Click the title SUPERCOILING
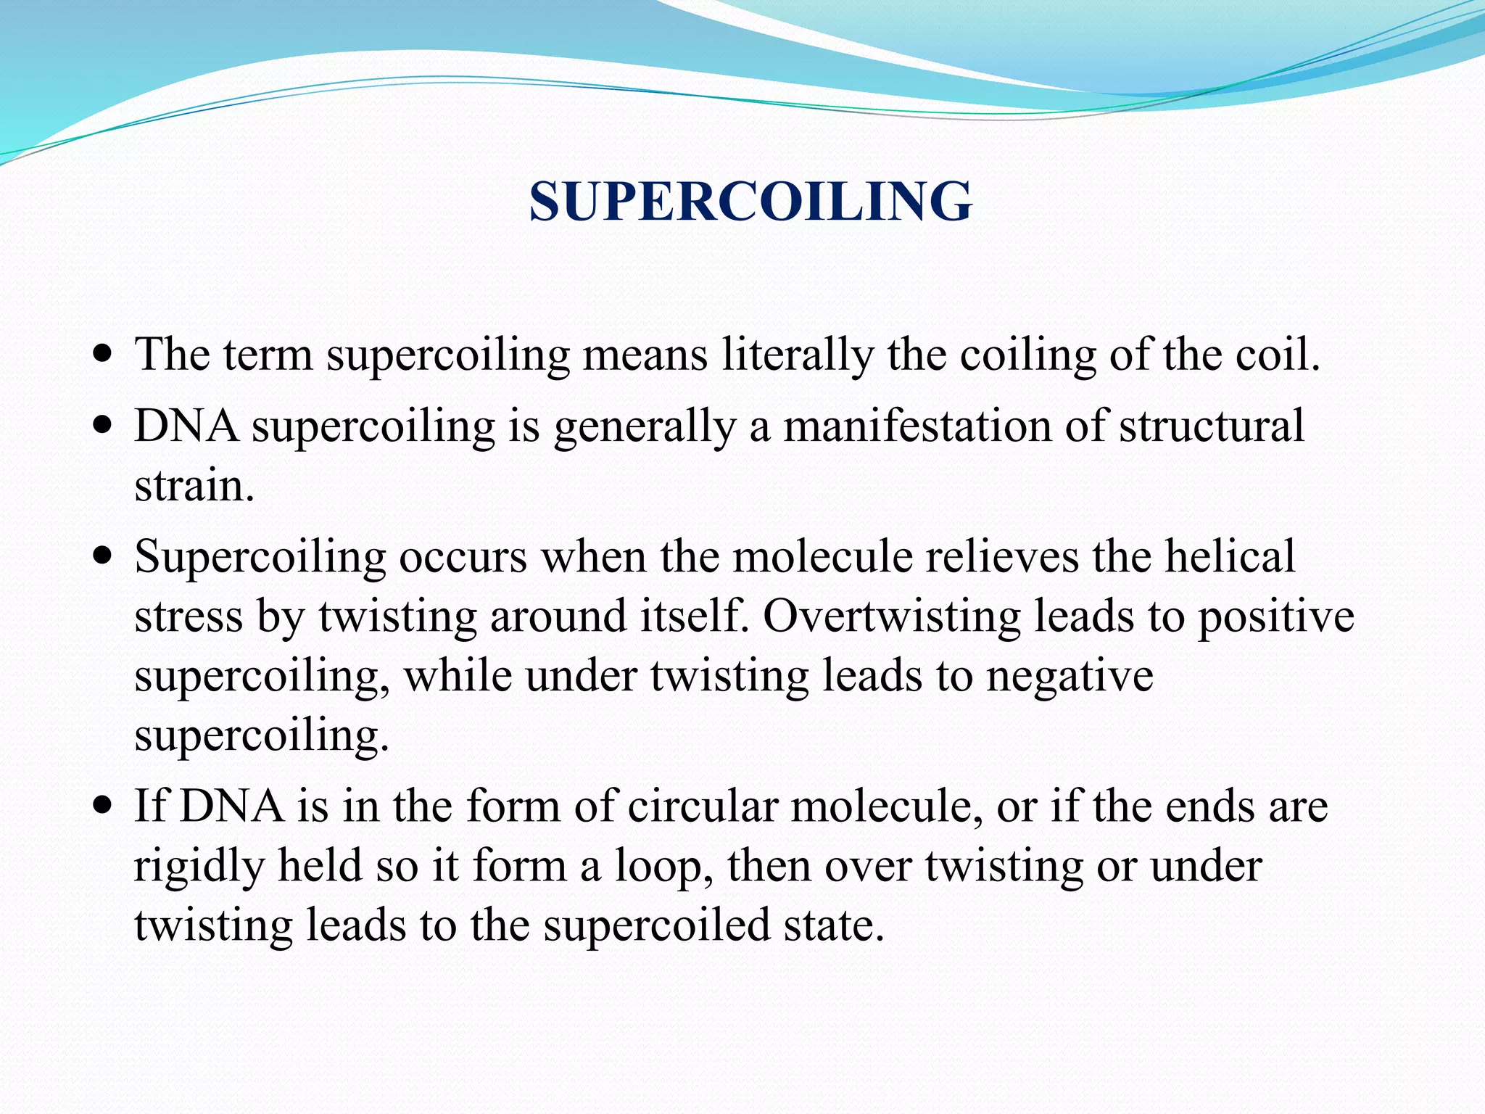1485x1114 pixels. (750, 201)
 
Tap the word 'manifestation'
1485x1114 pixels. (917, 426)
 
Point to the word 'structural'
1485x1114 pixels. (1212, 426)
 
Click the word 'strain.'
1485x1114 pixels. (194, 486)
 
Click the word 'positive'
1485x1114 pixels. (1275, 618)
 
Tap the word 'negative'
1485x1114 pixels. (1070, 677)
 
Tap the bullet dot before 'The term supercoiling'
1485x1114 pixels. (104, 355)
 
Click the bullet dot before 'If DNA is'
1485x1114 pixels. (104, 806)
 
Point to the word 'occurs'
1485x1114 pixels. (463, 558)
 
